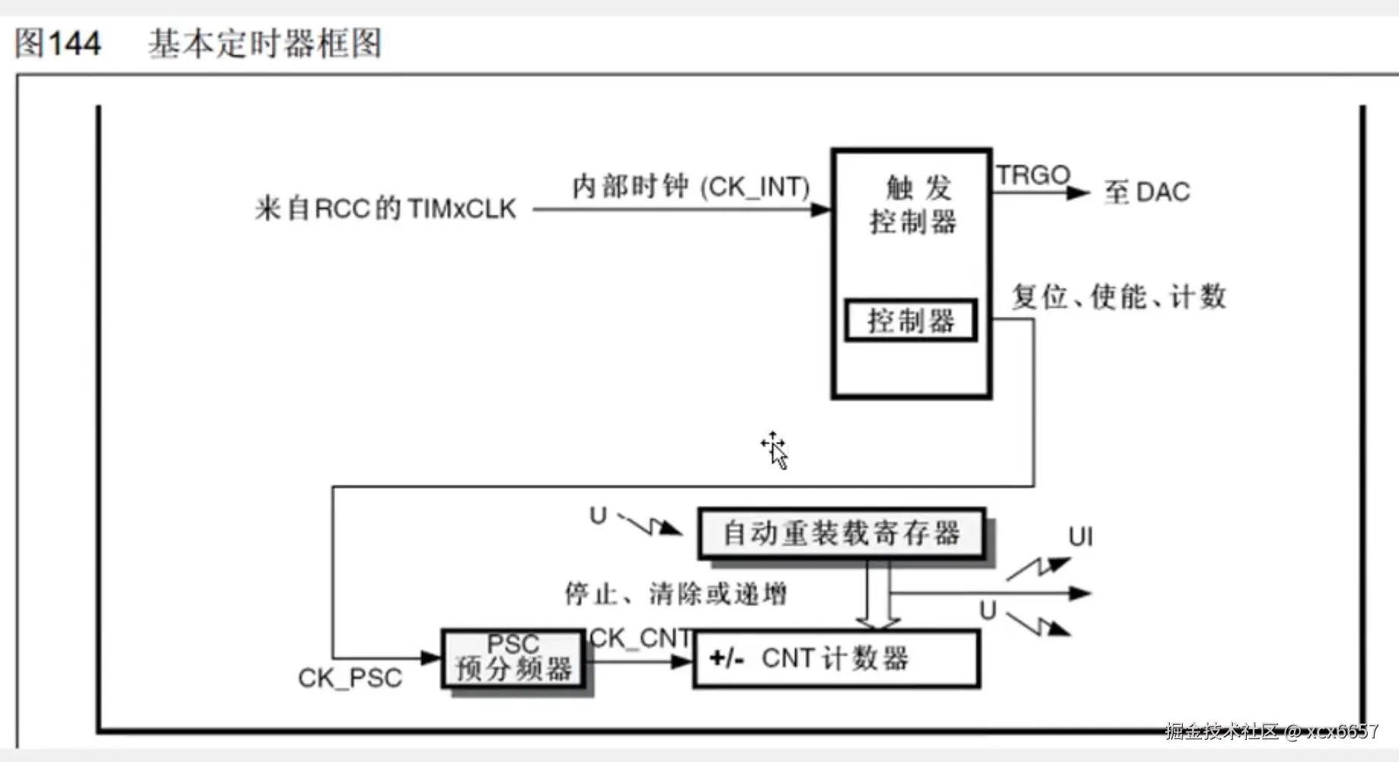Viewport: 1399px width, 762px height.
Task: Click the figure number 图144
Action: (58, 43)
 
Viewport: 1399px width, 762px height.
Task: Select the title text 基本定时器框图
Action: (264, 43)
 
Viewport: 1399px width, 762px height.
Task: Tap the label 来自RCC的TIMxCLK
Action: (385, 208)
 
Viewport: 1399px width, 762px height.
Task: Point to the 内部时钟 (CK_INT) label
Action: (690, 187)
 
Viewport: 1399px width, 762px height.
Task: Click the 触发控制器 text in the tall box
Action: (912, 204)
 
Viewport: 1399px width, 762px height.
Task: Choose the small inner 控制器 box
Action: (911, 321)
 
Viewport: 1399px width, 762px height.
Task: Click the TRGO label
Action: (1033, 175)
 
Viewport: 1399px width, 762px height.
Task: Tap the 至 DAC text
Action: (1147, 192)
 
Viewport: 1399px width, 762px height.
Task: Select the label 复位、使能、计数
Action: (1119, 296)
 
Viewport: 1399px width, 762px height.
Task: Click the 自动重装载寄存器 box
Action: (842, 533)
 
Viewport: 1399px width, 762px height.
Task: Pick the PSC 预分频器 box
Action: (513, 658)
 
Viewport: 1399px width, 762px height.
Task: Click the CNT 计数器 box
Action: (836, 658)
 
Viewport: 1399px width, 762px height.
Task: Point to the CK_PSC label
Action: (350, 678)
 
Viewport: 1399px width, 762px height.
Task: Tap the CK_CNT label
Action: (640, 639)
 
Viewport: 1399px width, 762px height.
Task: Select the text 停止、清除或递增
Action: (676, 594)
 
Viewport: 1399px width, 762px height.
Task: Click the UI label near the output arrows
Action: (1080, 537)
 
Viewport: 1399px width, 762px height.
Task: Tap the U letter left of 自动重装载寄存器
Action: (598, 516)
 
